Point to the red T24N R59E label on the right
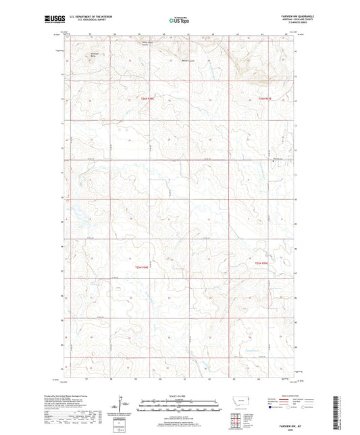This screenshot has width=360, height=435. coord(265,99)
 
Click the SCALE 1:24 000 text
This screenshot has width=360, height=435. coord(179,395)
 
